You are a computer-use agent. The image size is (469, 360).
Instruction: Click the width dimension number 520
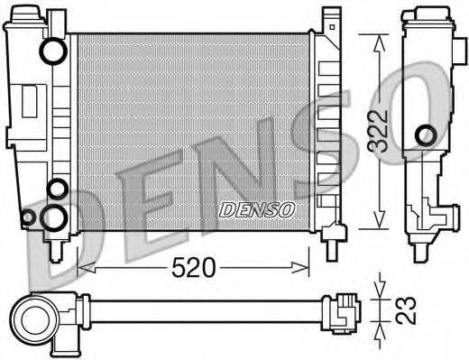click(194, 267)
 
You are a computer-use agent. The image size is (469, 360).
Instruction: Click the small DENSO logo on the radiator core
click(257, 209)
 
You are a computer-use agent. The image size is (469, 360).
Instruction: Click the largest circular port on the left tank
click(54, 216)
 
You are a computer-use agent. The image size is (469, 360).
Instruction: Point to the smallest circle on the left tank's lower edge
click(28, 217)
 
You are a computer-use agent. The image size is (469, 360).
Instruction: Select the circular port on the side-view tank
click(424, 136)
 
